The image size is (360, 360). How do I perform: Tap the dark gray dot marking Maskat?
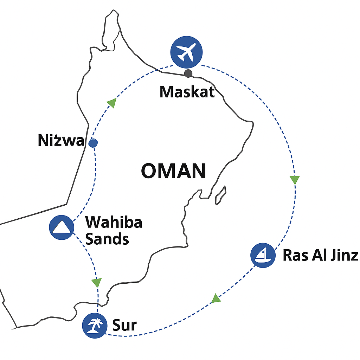click(x=188, y=73)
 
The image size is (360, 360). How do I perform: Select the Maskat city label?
click(x=187, y=92)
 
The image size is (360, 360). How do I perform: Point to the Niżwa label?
click(x=61, y=141)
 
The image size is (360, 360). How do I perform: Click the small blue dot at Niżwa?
click(x=93, y=143)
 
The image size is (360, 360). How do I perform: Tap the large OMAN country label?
click(x=173, y=172)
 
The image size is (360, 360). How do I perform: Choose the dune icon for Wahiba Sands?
click(x=62, y=227)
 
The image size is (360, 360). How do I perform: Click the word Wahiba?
click(x=114, y=223)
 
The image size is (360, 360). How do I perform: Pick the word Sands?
click(x=107, y=239)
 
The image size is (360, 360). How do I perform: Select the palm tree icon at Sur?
click(x=95, y=325)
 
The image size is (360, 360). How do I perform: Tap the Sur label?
click(x=124, y=326)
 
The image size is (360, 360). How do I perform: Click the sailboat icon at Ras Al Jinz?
click(x=263, y=255)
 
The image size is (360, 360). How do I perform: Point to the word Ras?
click(x=295, y=256)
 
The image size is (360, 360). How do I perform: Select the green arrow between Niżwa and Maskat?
click(x=111, y=103)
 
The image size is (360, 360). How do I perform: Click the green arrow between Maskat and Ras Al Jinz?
click(x=295, y=180)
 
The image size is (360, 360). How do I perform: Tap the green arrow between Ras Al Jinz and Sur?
click(x=216, y=299)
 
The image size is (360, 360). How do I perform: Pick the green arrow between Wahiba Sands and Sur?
click(x=96, y=282)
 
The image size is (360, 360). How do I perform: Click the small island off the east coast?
click(x=220, y=195)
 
